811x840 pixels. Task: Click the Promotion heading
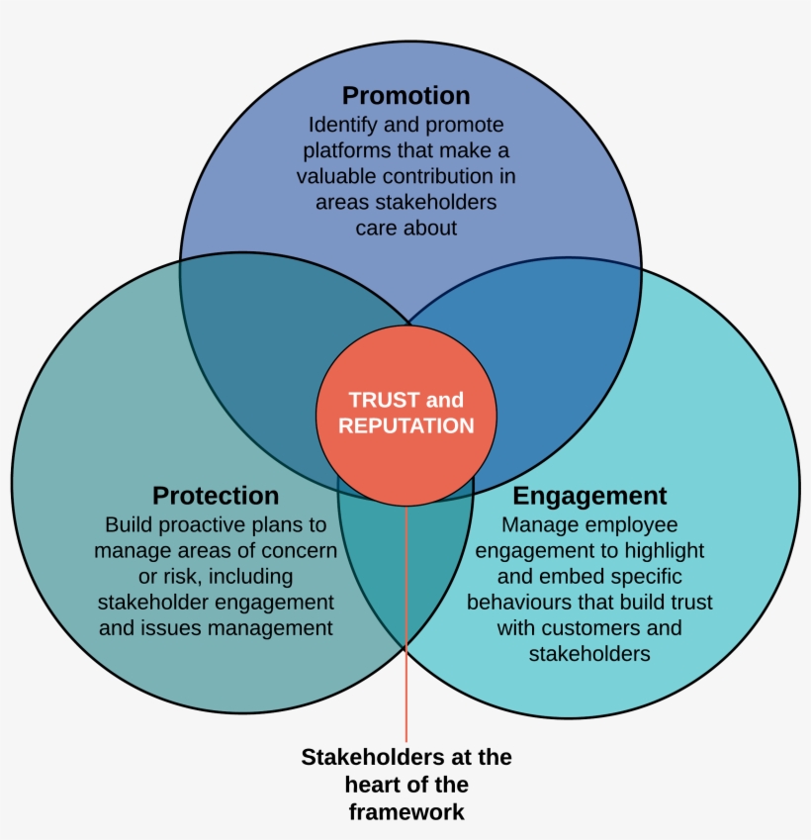pyautogui.click(x=405, y=96)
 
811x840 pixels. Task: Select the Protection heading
pyautogui.click(x=216, y=495)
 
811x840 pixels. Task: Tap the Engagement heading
pyautogui.click(x=589, y=495)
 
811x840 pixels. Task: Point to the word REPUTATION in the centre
pyautogui.click(x=405, y=426)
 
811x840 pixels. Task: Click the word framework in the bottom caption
pyautogui.click(x=405, y=812)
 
